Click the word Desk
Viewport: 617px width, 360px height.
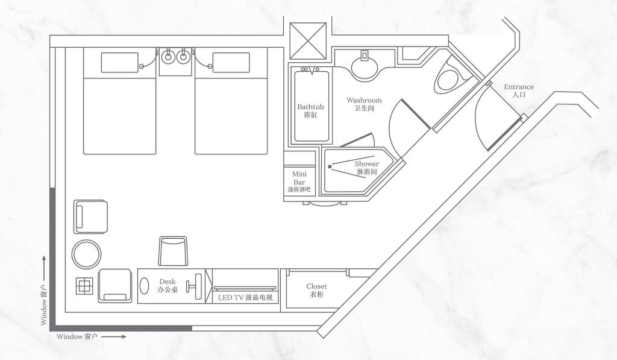(x=168, y=282)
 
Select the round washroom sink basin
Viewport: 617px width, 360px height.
(x=365, y=69)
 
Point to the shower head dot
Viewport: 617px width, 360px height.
(x=330, y=166)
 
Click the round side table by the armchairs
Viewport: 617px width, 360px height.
(x=87, y=254)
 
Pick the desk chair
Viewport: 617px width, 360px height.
(x=173, y=251)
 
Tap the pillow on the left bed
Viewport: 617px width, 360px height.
(x=120, y=63)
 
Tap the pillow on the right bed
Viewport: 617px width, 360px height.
(x=231, y=63)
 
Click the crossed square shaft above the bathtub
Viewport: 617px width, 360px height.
(x=308, y=42)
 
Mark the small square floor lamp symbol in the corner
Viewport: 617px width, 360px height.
(x=84, y=286)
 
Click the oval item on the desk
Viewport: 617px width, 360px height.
(x=145, y=286)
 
